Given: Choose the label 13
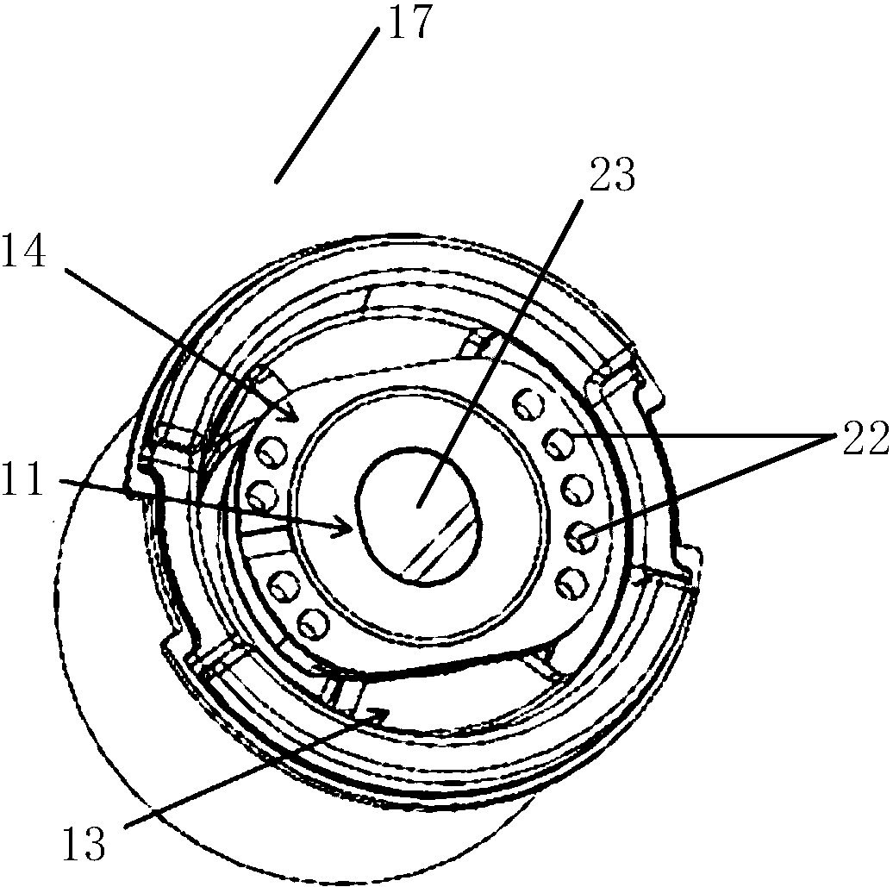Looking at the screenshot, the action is pyautogui.click(x=84, y=843).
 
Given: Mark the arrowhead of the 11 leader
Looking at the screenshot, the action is pyautogui.click(x=346, y=523).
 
